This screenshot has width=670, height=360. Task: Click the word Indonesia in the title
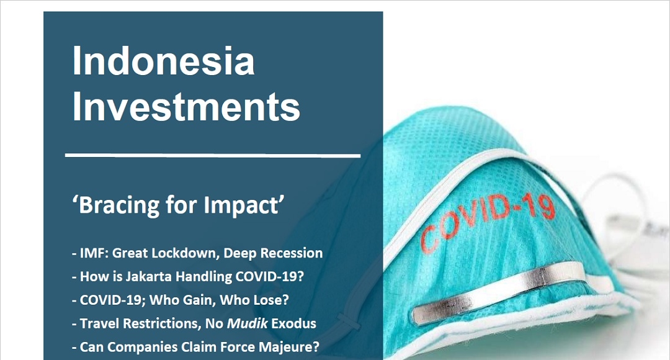(x=164, y=61)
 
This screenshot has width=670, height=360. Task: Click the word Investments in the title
(x=186, y=107)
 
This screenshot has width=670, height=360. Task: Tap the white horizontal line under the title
(x=213, y=155)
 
